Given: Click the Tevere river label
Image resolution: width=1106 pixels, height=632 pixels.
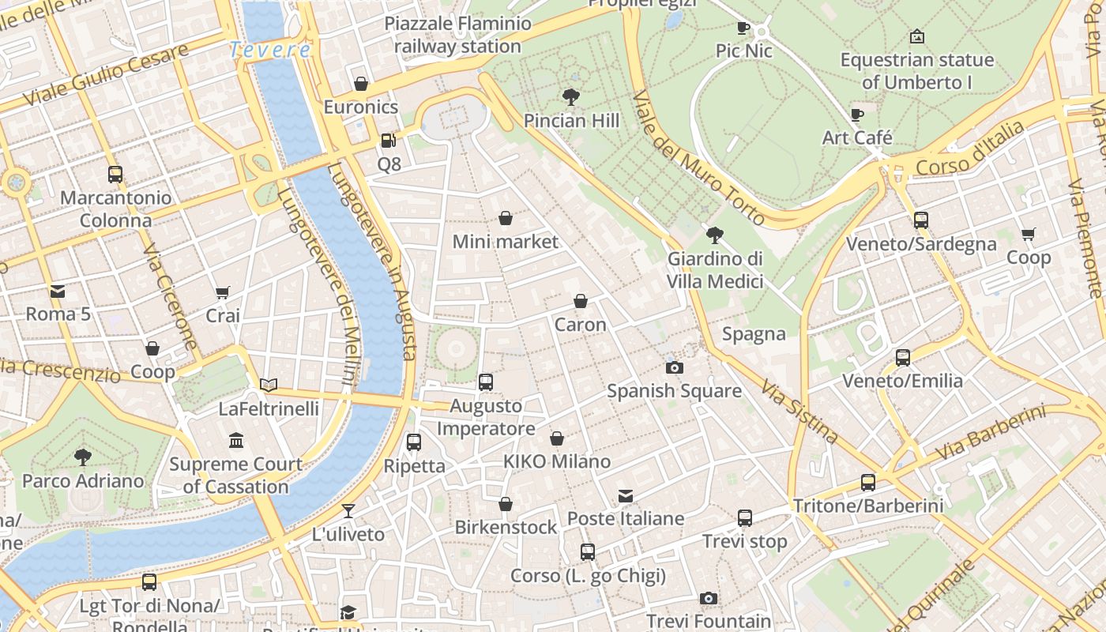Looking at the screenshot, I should click(270, 50).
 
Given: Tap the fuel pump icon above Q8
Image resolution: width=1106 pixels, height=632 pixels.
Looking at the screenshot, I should click(388, 141).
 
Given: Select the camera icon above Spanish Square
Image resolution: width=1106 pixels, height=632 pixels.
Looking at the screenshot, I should click(674, 367).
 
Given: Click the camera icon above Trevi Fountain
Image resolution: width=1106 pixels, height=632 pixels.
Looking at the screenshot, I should click(709, 598).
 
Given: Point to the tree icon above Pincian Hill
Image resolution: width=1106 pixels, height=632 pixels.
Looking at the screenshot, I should click(571, 97).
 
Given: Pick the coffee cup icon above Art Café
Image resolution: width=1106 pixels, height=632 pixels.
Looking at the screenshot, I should click(857, 115).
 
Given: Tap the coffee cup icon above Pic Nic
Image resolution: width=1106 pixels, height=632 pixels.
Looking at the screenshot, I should click(743, 28).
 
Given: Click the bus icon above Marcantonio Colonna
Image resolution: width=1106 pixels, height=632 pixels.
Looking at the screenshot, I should click(115, 175).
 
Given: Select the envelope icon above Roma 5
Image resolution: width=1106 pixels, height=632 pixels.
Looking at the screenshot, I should click(58, 292).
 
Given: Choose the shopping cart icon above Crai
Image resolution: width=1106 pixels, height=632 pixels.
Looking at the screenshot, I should click(223, 293).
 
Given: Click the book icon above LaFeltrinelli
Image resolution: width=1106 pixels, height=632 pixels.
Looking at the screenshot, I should click(269, 386).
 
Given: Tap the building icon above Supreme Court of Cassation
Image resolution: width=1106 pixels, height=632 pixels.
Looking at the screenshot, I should click(235, 441).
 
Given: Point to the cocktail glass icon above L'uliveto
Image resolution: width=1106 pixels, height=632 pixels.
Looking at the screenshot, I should click(348, 511).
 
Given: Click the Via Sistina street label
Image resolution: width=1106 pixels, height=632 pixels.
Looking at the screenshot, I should click(799, 411).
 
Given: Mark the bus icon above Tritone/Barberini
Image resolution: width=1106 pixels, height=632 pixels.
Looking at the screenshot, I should click(868, 482).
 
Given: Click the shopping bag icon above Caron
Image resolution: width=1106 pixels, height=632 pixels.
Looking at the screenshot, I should click(581, 301).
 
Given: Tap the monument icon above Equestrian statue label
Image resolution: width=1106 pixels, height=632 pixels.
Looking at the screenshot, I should click(916, 36).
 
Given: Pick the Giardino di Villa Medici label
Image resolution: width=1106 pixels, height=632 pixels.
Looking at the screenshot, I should click(715, 270).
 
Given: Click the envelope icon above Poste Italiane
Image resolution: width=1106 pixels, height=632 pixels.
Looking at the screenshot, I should click(626, 496).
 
